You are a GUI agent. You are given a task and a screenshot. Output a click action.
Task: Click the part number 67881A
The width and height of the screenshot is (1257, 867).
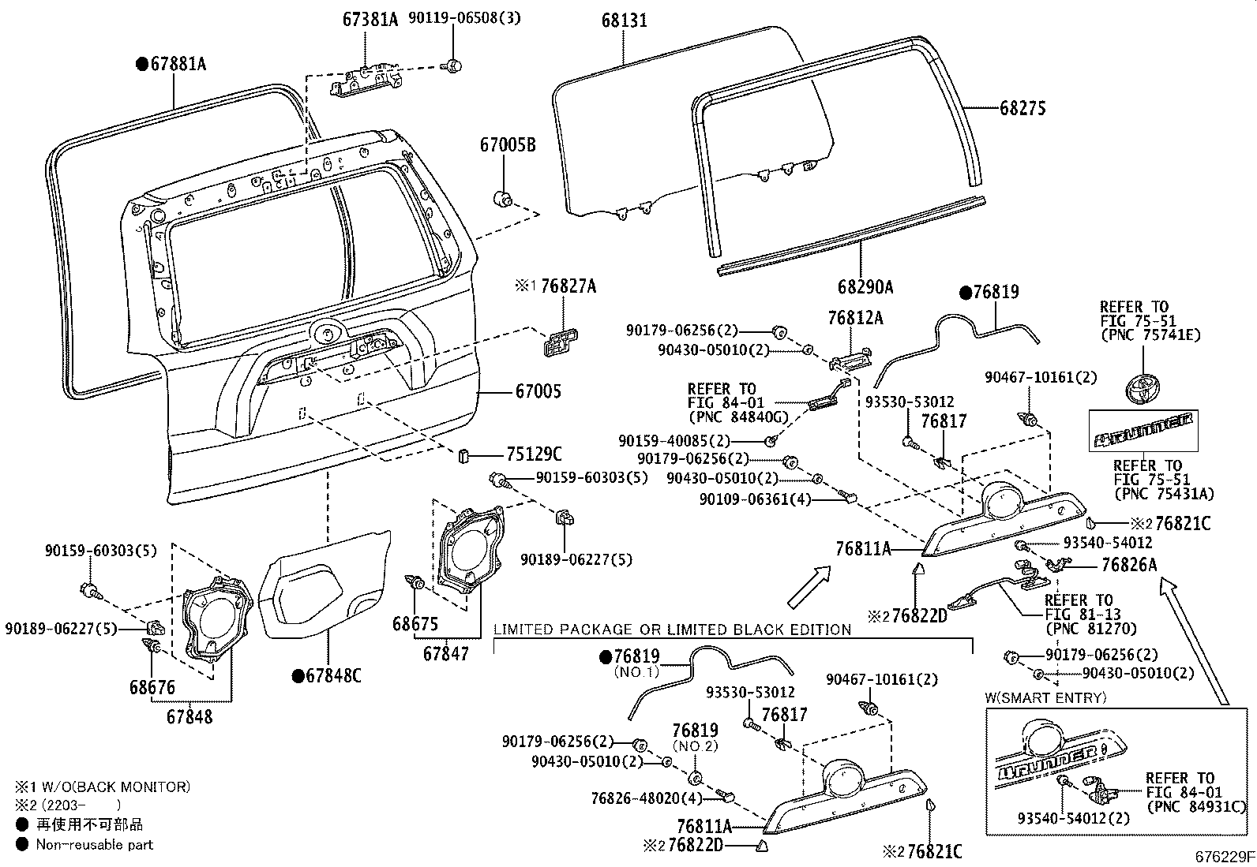178,65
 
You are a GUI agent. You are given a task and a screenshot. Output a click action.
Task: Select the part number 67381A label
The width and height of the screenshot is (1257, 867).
370,19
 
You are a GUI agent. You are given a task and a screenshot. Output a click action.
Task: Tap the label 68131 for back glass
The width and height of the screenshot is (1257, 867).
624,21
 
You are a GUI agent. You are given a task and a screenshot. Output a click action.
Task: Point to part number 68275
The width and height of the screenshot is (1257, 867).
1022,109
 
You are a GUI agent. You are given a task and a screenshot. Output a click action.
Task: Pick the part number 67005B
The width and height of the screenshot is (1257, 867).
507,145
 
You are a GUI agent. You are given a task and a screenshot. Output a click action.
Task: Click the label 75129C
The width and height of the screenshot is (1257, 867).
534,454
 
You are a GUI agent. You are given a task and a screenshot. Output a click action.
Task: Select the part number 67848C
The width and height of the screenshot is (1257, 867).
334,675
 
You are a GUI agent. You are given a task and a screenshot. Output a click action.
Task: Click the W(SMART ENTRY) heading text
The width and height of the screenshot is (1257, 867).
1045,697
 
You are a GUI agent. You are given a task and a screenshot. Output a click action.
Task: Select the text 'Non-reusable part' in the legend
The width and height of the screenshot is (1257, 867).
95,844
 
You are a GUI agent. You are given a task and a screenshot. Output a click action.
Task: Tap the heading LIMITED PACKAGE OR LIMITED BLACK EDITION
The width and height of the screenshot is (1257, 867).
672,630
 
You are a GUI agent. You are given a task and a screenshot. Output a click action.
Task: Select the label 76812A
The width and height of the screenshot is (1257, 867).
855,318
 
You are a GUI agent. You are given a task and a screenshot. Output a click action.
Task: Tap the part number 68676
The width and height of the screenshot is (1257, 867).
152,688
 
